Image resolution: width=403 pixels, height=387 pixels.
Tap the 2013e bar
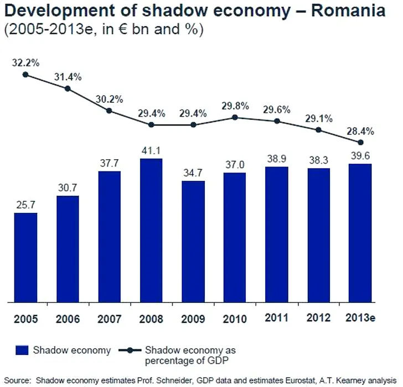360,233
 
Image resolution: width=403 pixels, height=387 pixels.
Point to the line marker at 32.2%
25,75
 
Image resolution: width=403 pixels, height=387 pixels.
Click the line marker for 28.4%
360,143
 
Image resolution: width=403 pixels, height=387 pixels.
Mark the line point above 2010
235,117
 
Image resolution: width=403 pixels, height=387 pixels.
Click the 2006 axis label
68,319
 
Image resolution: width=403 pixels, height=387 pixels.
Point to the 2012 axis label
318,318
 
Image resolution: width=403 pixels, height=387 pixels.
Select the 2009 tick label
193,319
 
